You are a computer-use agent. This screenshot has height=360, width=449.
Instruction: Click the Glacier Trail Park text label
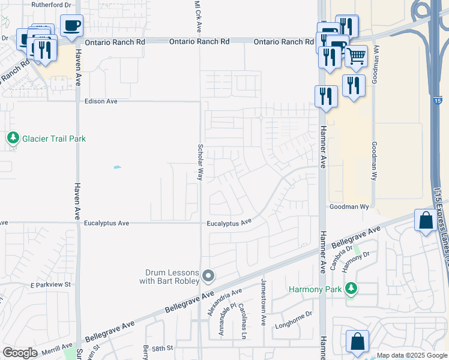pos(54,139)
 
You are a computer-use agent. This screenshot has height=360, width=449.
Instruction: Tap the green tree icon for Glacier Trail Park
pos(13,138)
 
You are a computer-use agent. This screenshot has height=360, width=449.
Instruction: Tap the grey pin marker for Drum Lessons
pos(208,276)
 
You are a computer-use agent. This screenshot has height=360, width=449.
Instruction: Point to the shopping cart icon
pos(356,56)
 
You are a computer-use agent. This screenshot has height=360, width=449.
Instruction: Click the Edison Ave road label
pos(101,101)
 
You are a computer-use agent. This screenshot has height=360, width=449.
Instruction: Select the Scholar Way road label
pos(200,162)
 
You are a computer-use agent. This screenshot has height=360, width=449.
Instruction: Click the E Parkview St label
pos(50,284)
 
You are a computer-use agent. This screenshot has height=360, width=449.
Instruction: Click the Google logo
pos(20,353)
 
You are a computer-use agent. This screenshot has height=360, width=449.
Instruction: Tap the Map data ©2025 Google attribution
pos(412,355)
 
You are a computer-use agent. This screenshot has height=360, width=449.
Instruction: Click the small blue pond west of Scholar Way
pos(117,167)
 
